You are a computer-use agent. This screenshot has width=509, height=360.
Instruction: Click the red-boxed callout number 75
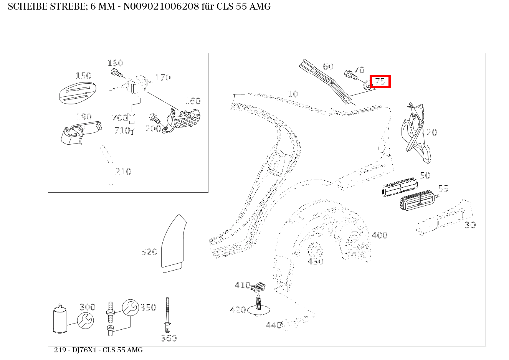click(x=380, y=81)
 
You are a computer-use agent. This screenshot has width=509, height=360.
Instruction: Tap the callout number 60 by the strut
click(x=328, y=66)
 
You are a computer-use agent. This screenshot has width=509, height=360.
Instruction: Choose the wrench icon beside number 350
click(x=130, y=307)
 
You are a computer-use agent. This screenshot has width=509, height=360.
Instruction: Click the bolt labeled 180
click(x=116, y=73)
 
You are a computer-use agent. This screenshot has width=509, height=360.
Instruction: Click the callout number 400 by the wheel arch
click(x=379, y=235)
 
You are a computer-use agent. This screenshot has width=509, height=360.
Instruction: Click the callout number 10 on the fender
click(x=293, y=94)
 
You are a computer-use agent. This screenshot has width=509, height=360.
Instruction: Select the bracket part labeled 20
click(x=415, y=132)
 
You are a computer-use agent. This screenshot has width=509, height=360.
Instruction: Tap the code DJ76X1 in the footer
click(x=85, y=350)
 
